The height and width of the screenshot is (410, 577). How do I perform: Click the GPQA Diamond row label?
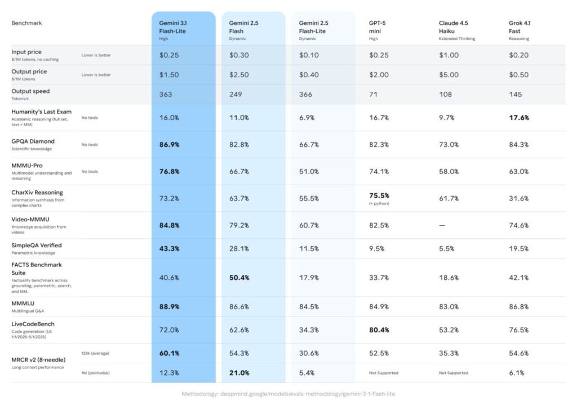coord(33,141)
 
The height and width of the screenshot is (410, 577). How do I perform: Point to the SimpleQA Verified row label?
coord(37,246)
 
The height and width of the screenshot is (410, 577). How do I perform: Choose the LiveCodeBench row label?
coord(33,324)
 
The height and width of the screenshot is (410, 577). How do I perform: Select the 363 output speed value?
coord(166,94)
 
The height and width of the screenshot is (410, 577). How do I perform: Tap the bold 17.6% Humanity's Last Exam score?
coord(519,118)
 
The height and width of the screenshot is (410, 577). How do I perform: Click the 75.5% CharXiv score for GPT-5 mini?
coord(379,196)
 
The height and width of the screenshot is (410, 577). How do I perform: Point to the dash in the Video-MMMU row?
coord(442,225)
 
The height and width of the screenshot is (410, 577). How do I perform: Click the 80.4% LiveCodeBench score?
coord(379,330)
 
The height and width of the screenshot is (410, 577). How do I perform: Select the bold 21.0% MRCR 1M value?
coord(239,373)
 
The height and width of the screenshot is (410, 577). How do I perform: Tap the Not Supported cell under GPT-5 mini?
coord(384,373)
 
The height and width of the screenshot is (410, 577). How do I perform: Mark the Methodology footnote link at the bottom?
coord(288,394)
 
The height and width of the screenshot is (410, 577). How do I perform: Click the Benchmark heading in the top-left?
coord(26,23)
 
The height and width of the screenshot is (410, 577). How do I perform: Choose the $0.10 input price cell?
coord(310,55)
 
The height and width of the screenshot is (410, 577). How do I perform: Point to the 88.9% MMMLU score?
coord(169,307)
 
